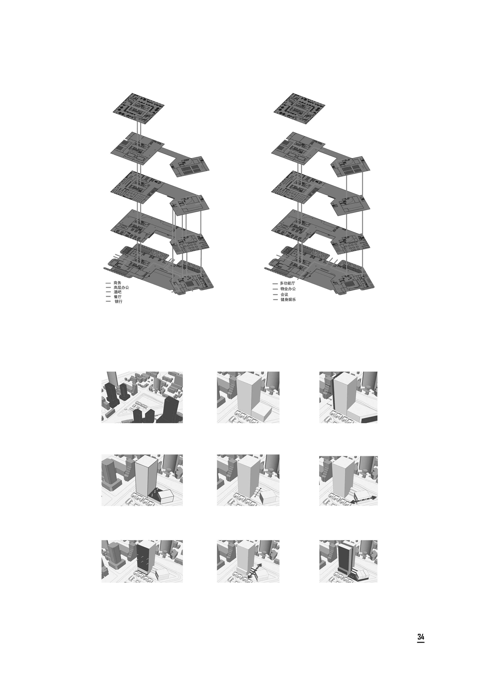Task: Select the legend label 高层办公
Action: click(121, 288)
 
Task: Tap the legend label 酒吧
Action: click(118, 292)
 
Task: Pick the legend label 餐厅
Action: click(118, 297)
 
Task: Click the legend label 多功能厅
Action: click(287, 283)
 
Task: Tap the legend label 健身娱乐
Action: click(288, 300)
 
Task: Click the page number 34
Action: click(420, 645)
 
